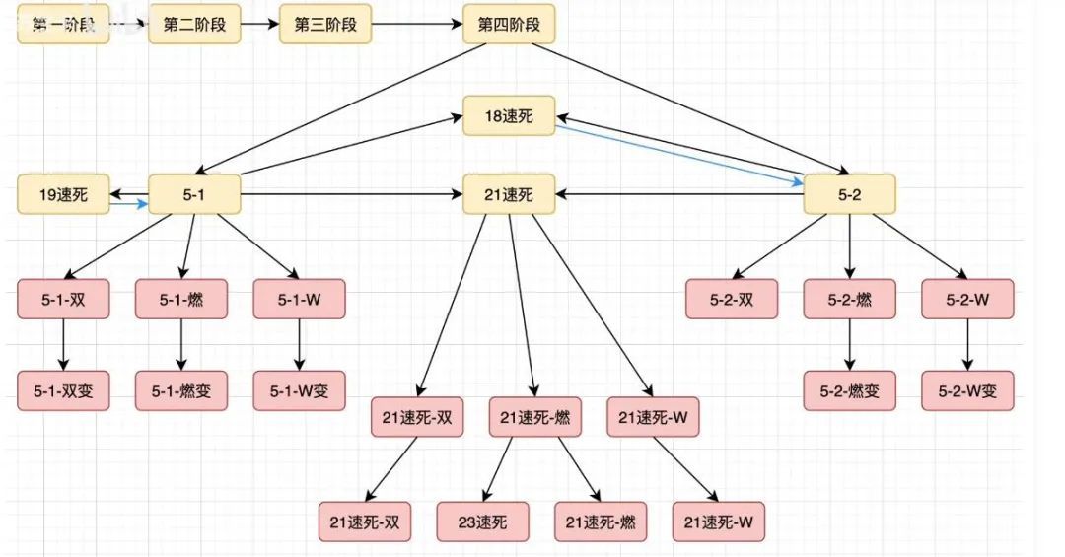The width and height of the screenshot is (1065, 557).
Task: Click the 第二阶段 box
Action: tap(194, 25)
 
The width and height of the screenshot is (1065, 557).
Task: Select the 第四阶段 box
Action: tap(509, 25)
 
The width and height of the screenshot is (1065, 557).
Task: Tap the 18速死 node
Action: tap(509, 115)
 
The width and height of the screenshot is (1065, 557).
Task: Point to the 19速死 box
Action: tap(63, 195)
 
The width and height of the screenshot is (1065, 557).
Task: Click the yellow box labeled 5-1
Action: tap(194, 195)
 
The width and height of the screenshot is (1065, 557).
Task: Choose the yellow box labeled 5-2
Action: tap(849, 195)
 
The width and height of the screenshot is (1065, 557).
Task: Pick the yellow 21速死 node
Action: tap(509, 195)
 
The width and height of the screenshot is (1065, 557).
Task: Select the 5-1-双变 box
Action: tap(63, 390)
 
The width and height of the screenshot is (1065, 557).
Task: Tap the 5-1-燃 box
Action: tap(181, 299)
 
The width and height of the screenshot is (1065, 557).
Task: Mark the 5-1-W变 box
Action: tap(300, 390)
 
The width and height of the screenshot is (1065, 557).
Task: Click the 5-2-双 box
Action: tap(732, 299)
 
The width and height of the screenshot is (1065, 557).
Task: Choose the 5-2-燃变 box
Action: tap(849, 390)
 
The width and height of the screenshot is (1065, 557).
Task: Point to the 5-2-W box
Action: tap(967, 299)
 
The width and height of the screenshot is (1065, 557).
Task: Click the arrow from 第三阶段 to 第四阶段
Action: tap(417, 25)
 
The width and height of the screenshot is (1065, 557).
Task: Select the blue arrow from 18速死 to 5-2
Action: tap(680, 154)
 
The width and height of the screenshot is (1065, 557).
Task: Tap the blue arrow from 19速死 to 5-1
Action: tap(128, 205)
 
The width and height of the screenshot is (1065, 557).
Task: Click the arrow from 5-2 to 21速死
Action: tap(680, 195)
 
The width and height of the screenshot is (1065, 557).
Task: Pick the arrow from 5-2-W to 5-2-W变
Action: tap(967, 344)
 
